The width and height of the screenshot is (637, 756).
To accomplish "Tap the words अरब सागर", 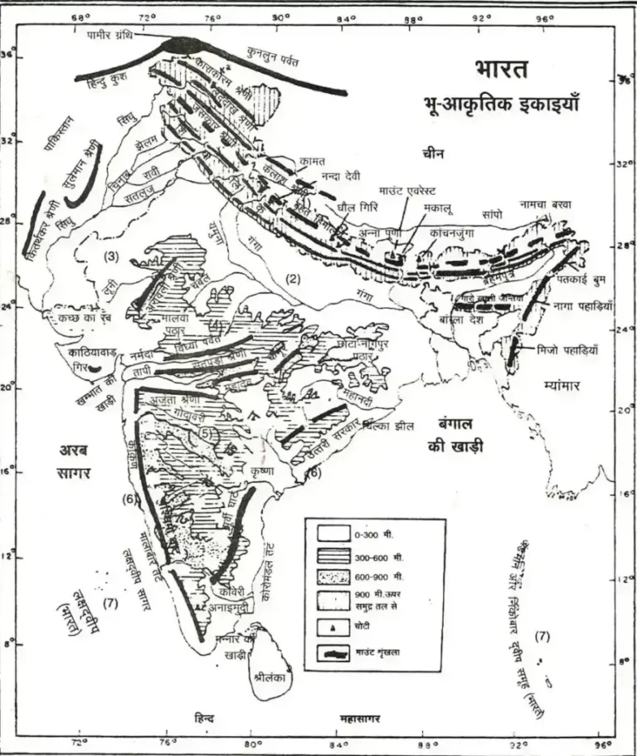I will click(79, 461).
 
